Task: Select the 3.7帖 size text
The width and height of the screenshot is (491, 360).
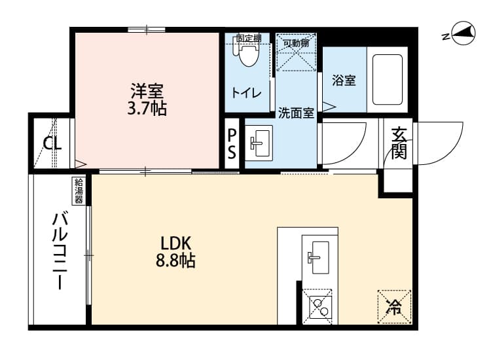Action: point(147,109)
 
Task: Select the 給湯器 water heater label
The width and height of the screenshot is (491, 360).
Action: point(79,190)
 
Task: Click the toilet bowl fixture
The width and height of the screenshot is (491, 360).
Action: point(247,55)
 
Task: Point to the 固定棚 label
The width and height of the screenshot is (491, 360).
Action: point(248,38)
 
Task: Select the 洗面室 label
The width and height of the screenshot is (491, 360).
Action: point(296,112)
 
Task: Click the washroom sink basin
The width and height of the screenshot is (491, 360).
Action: point(259,141)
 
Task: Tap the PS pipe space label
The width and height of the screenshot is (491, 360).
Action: point(232,144)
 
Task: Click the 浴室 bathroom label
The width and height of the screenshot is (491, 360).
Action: point(344,81)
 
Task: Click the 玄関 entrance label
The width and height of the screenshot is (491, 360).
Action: point(399,143)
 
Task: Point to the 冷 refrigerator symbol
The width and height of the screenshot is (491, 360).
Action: point(394,306)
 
